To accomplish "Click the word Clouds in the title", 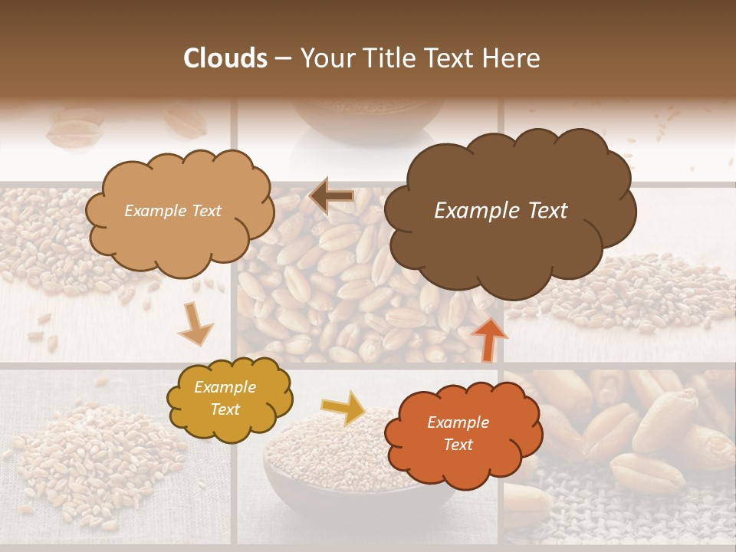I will click(225, 58).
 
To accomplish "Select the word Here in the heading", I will click(512, 58).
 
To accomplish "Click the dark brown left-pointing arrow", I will click(331, 196).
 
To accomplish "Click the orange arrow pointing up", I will click(488, 338).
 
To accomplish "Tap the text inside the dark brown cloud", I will click(501, 211).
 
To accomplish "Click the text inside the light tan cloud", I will click(172, 211).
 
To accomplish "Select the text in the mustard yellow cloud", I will click(225, 399).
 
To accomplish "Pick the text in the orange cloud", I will click(458, 433).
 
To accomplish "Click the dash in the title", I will click(282, 58).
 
